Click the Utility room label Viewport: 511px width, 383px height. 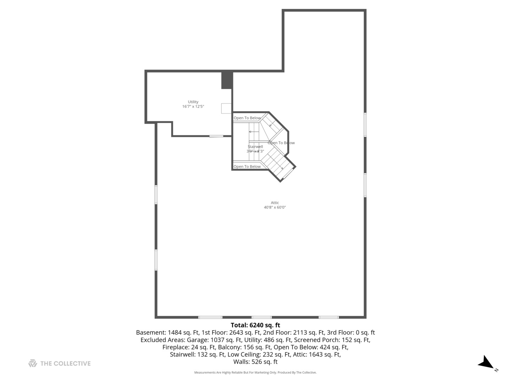pyautogui.click(x=193, y=102)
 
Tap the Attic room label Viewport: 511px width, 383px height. pyautogui.click(x=275, y=203)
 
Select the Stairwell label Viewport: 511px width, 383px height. pyautogui.click(x=255, y=146)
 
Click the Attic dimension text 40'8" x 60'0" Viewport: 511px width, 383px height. pyautogui.click(x=275, y=207)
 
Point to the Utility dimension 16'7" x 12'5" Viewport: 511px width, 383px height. pyautogui.click(x=193, y=106)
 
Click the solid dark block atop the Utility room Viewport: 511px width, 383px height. pyautogui.click(x=227, y=80)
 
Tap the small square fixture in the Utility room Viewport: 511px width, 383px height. pyautogui.click(x=226, y=109)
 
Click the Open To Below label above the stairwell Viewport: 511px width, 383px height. pyautogui.click(x=247, y=118)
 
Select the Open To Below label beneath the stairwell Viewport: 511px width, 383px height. pyautogui.click(x=247, y=167)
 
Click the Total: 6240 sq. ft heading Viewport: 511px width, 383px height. pyautogui.click(x=255, y=325)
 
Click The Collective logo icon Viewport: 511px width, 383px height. pyautogui.click(x=33, y=363)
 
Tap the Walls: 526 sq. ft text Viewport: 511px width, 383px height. pyautogui.click(x=255, y=362)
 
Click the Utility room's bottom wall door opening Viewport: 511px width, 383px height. pyautogui.click(x=216, y=136)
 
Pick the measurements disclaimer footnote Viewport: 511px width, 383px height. pyautogui.click(x=255, y=372)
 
